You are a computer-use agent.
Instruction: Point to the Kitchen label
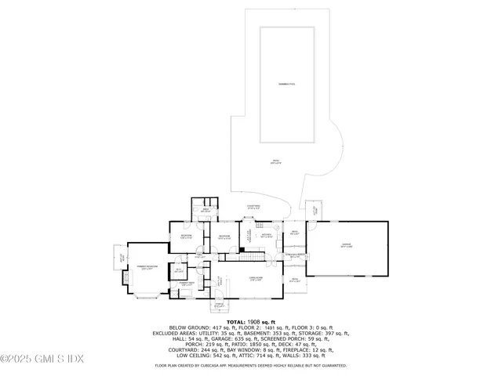pos(266,236)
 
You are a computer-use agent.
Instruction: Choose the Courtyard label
pos(253,208)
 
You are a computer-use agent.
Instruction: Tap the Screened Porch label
pos(296,256)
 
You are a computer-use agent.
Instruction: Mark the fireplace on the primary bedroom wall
pos(122,277)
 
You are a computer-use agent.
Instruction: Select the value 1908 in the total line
pos(258,322)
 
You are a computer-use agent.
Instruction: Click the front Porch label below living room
pos(220,306)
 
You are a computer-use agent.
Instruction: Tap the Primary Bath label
pos(185,284)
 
